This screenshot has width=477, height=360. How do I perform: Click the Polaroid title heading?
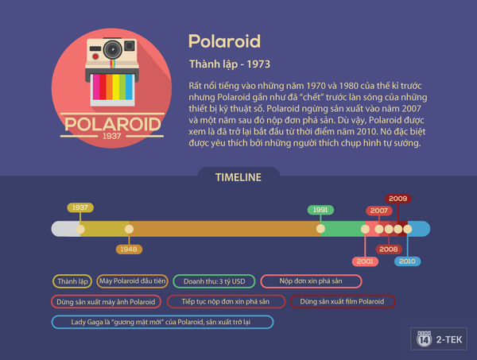tap(224, 41)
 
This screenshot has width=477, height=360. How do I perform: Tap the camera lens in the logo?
tap(113, 49)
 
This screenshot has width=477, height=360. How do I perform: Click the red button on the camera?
tap(95, 56)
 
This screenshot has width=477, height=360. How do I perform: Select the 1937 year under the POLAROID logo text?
tap(112, 136)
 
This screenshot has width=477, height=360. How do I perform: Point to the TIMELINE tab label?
tap(238, 177)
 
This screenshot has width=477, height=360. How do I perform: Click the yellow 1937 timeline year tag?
tap(80, 207)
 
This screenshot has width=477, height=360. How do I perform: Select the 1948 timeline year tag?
tap(129, 250)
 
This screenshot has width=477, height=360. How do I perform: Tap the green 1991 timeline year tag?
tap(320, 210)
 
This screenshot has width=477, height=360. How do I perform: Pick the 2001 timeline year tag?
tap(365, 261)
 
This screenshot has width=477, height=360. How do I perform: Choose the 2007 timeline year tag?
tap(379, 211)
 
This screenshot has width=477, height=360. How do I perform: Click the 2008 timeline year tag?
tap(389, 250)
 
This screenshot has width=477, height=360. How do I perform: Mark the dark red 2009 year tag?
tap(398, 199)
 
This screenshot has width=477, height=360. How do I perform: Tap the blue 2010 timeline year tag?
tap(407, 261)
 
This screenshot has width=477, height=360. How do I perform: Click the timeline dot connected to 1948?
tap(129, 229)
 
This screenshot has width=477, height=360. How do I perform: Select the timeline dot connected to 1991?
tap(320, 229)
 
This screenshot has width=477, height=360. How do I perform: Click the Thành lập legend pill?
tap(72, 281)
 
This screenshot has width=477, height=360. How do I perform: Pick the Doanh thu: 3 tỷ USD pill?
tap(214, 281)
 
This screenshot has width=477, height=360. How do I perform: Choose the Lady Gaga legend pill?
tap(162, 322)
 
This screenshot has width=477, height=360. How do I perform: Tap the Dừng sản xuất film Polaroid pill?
tap(343, 302)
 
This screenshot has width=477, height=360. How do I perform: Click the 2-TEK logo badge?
tap(439, 339)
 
